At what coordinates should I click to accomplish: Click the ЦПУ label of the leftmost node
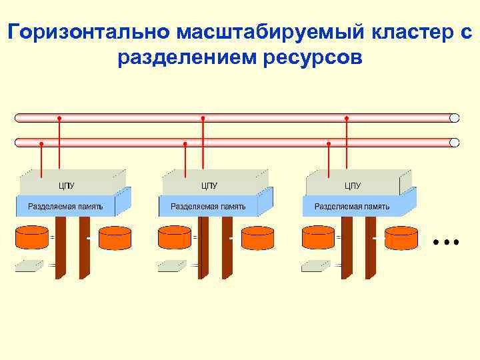[67, 185]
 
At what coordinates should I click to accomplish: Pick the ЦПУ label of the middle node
[209, 185]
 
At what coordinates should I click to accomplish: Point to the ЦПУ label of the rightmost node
[353, 185]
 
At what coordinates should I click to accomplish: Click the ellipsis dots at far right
[445, 241]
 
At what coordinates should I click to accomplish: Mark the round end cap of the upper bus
[455, 118]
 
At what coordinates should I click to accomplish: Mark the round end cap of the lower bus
[455, 142]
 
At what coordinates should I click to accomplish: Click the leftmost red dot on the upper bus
[59, 118]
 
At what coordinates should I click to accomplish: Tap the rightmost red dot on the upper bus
[346, 118]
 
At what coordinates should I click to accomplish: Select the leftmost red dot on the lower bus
[41, 143]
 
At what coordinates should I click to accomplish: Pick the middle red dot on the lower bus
[185, 143]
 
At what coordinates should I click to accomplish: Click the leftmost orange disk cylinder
[32, 237]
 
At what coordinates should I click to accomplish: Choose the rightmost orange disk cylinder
[401, 238]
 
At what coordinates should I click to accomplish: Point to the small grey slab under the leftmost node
[30, 265]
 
